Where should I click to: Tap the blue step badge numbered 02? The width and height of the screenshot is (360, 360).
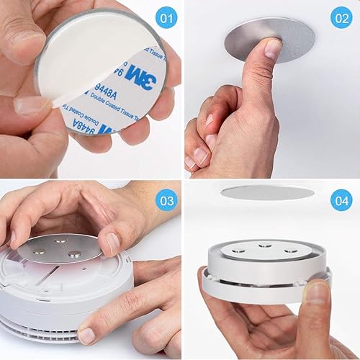pyautogui.click(x=341, y=19)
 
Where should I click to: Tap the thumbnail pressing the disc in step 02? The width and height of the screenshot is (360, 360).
pyautogui.click(x=273, y=48)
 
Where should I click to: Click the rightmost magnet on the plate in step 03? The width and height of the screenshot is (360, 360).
pyautogui.click(x=74, y=254)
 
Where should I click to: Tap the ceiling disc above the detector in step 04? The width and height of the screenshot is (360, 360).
pyautogui.click(x=267, y=192)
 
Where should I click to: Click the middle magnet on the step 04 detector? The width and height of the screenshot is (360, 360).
pyautogui.click(x=266, y=246)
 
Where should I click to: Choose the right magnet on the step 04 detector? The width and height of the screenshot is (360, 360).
pyautogui.click(x=290, y=251)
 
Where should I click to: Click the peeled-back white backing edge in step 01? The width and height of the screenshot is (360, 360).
pyautogui.click(x=65, y=101)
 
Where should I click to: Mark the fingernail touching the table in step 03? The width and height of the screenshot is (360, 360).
pyautogui.click(x=86, y=336)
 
